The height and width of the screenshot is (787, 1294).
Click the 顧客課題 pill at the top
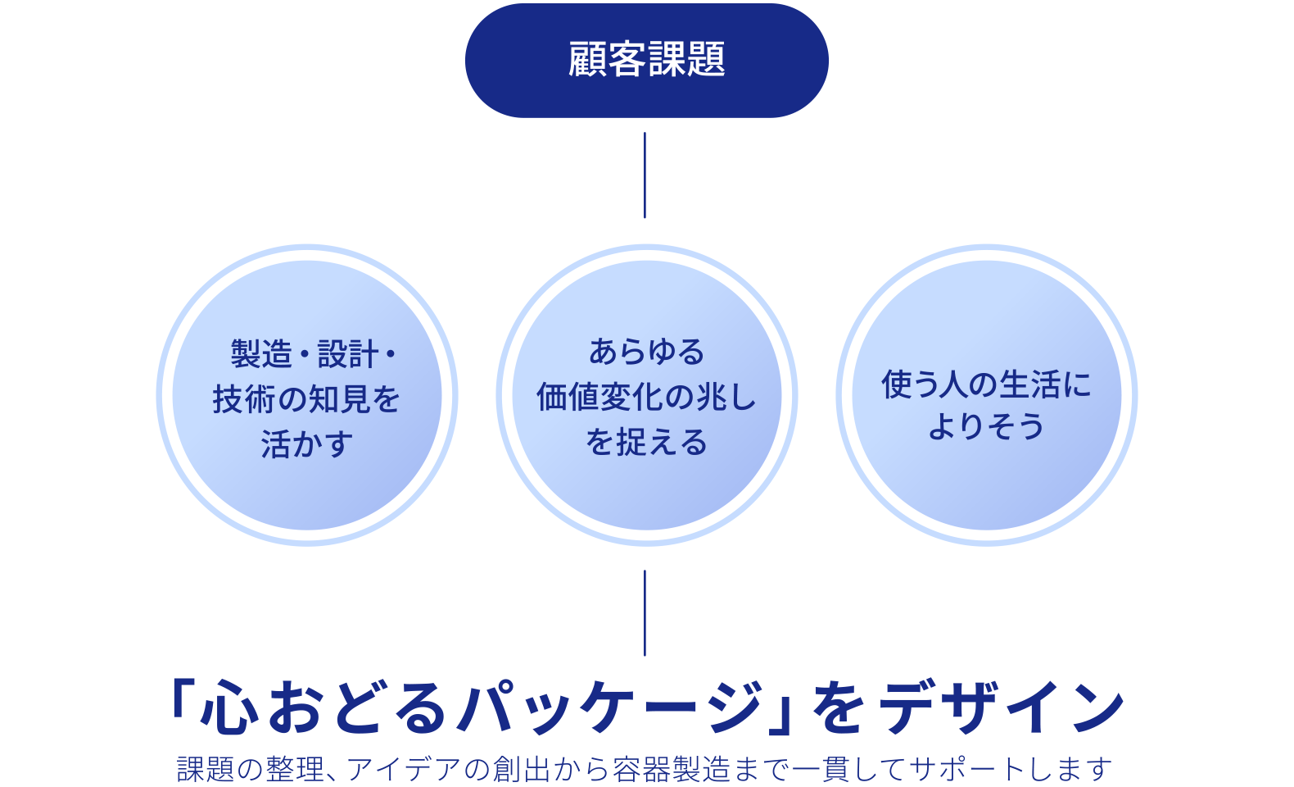(646, 60)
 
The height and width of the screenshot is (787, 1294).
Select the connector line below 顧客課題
(645, 175)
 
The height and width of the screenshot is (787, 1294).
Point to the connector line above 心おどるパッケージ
(645, 613)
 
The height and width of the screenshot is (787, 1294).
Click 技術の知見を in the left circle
(306, 400)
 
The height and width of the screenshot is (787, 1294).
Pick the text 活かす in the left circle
(306, 444)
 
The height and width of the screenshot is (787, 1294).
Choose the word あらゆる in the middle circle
(646, 352)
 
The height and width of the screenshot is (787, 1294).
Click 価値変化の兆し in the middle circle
(646, 398)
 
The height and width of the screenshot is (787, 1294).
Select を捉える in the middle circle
(646, 443)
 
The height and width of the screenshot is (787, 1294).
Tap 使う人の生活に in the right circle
(986, 384)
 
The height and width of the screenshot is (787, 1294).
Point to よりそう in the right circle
(986, 427)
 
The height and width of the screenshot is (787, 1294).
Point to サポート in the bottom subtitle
(967, 770)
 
